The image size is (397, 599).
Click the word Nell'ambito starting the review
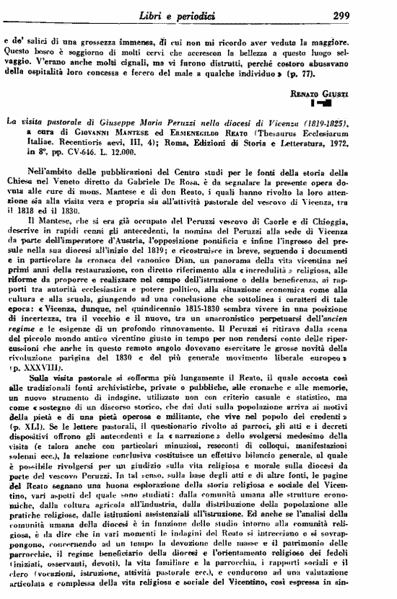click(x=69, y=174)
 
